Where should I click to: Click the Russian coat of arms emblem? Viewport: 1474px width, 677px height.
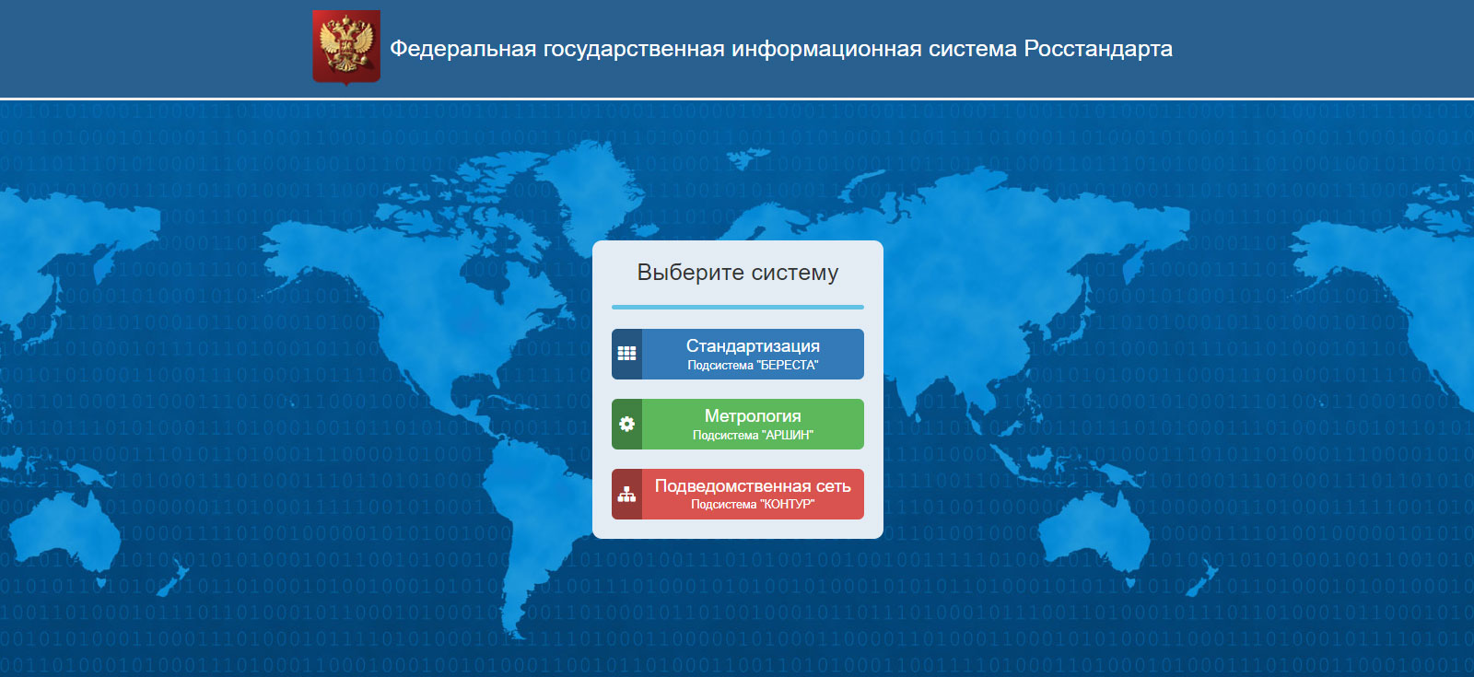(346, 47)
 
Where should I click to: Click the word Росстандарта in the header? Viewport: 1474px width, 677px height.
(1097, 49)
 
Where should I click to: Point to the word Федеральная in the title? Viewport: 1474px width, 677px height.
(462, 49)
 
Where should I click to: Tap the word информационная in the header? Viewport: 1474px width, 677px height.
(826, 49)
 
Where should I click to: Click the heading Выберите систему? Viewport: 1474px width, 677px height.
(738, 272)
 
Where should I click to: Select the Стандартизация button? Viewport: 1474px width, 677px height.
(738, 354)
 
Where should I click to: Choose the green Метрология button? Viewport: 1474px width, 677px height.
(738, 425)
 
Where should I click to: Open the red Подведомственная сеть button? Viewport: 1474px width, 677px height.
(738, 494)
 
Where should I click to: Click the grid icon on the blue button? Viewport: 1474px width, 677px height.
(626, 354)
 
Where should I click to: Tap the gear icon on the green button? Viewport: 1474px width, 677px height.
(626, 425)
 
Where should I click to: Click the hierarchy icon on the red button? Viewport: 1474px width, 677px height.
(626, 494)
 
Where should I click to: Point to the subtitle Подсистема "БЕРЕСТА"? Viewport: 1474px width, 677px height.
(753, 365)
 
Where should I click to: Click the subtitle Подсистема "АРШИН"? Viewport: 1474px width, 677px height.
(753, 435)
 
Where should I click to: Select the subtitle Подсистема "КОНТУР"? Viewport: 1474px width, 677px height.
(753, 505)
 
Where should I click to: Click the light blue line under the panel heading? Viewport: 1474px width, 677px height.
(738, 307)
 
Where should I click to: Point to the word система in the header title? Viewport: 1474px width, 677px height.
(972, 49)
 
